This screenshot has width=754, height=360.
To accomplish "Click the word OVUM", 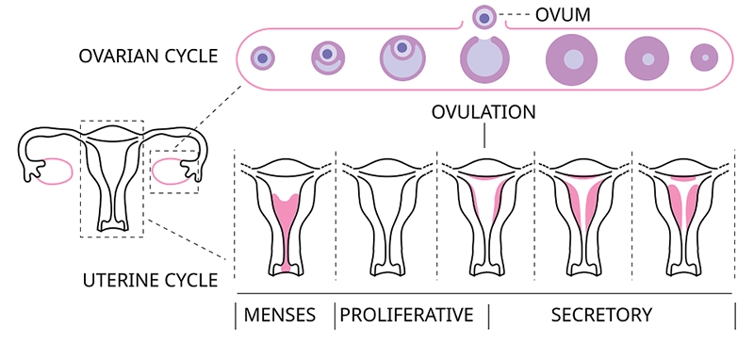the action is [563, 15].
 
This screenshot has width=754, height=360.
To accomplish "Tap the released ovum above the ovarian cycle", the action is [484, 18].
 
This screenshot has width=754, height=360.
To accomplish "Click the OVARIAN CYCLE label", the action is [148, 57].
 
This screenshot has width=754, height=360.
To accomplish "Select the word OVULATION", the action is [484, 112].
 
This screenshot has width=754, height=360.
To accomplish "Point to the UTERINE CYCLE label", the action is [151, 281].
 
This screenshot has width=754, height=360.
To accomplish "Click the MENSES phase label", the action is [280, 316].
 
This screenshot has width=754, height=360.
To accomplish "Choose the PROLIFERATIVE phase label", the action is [407, 316].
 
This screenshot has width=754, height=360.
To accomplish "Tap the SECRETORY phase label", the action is [601, 316].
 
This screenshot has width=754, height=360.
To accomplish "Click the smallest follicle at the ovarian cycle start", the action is [263, 58].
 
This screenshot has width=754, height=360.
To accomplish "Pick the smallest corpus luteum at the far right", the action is [704, 57].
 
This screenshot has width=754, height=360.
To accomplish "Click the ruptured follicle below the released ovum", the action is [484, 59].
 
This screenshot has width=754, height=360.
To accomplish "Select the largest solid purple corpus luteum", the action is [572, 60].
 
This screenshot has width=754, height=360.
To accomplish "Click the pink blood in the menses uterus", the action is [287, 226].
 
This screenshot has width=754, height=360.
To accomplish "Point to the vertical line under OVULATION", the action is [484, 136].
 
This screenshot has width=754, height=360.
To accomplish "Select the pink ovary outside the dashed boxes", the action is [55, 172].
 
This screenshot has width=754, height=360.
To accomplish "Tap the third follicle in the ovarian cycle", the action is [402, 58].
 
